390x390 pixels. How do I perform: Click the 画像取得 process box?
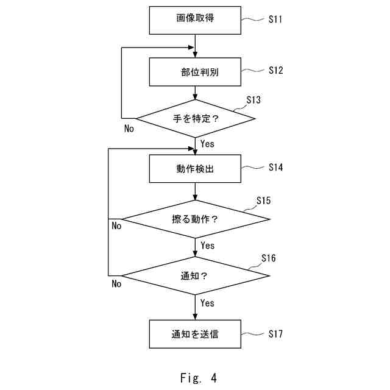[195, 20]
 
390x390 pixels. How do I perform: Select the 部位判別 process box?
[195, 72]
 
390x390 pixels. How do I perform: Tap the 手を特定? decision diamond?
[195, 118]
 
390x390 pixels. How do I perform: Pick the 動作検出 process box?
[195, 169]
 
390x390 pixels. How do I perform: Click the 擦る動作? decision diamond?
[195, 219]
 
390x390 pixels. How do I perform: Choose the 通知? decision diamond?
[195, 275]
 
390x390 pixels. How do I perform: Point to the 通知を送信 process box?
[195, 334]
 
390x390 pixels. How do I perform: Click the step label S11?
[275, 19]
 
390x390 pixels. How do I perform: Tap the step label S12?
[275, 71]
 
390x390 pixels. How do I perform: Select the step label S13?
[253, 99]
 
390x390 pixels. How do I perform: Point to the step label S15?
[263, 200]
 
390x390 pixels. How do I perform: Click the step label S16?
[268, 258]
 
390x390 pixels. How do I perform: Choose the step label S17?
[275, 333]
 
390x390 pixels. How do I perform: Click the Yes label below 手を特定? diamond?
[207, 144]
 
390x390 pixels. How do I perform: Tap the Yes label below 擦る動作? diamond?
[207, 246]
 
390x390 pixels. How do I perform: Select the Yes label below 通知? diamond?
[207, 303]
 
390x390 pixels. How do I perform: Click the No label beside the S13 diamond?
[129, 129]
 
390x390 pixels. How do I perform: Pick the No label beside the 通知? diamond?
[116, 283]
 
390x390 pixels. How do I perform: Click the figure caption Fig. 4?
[198, 378]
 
